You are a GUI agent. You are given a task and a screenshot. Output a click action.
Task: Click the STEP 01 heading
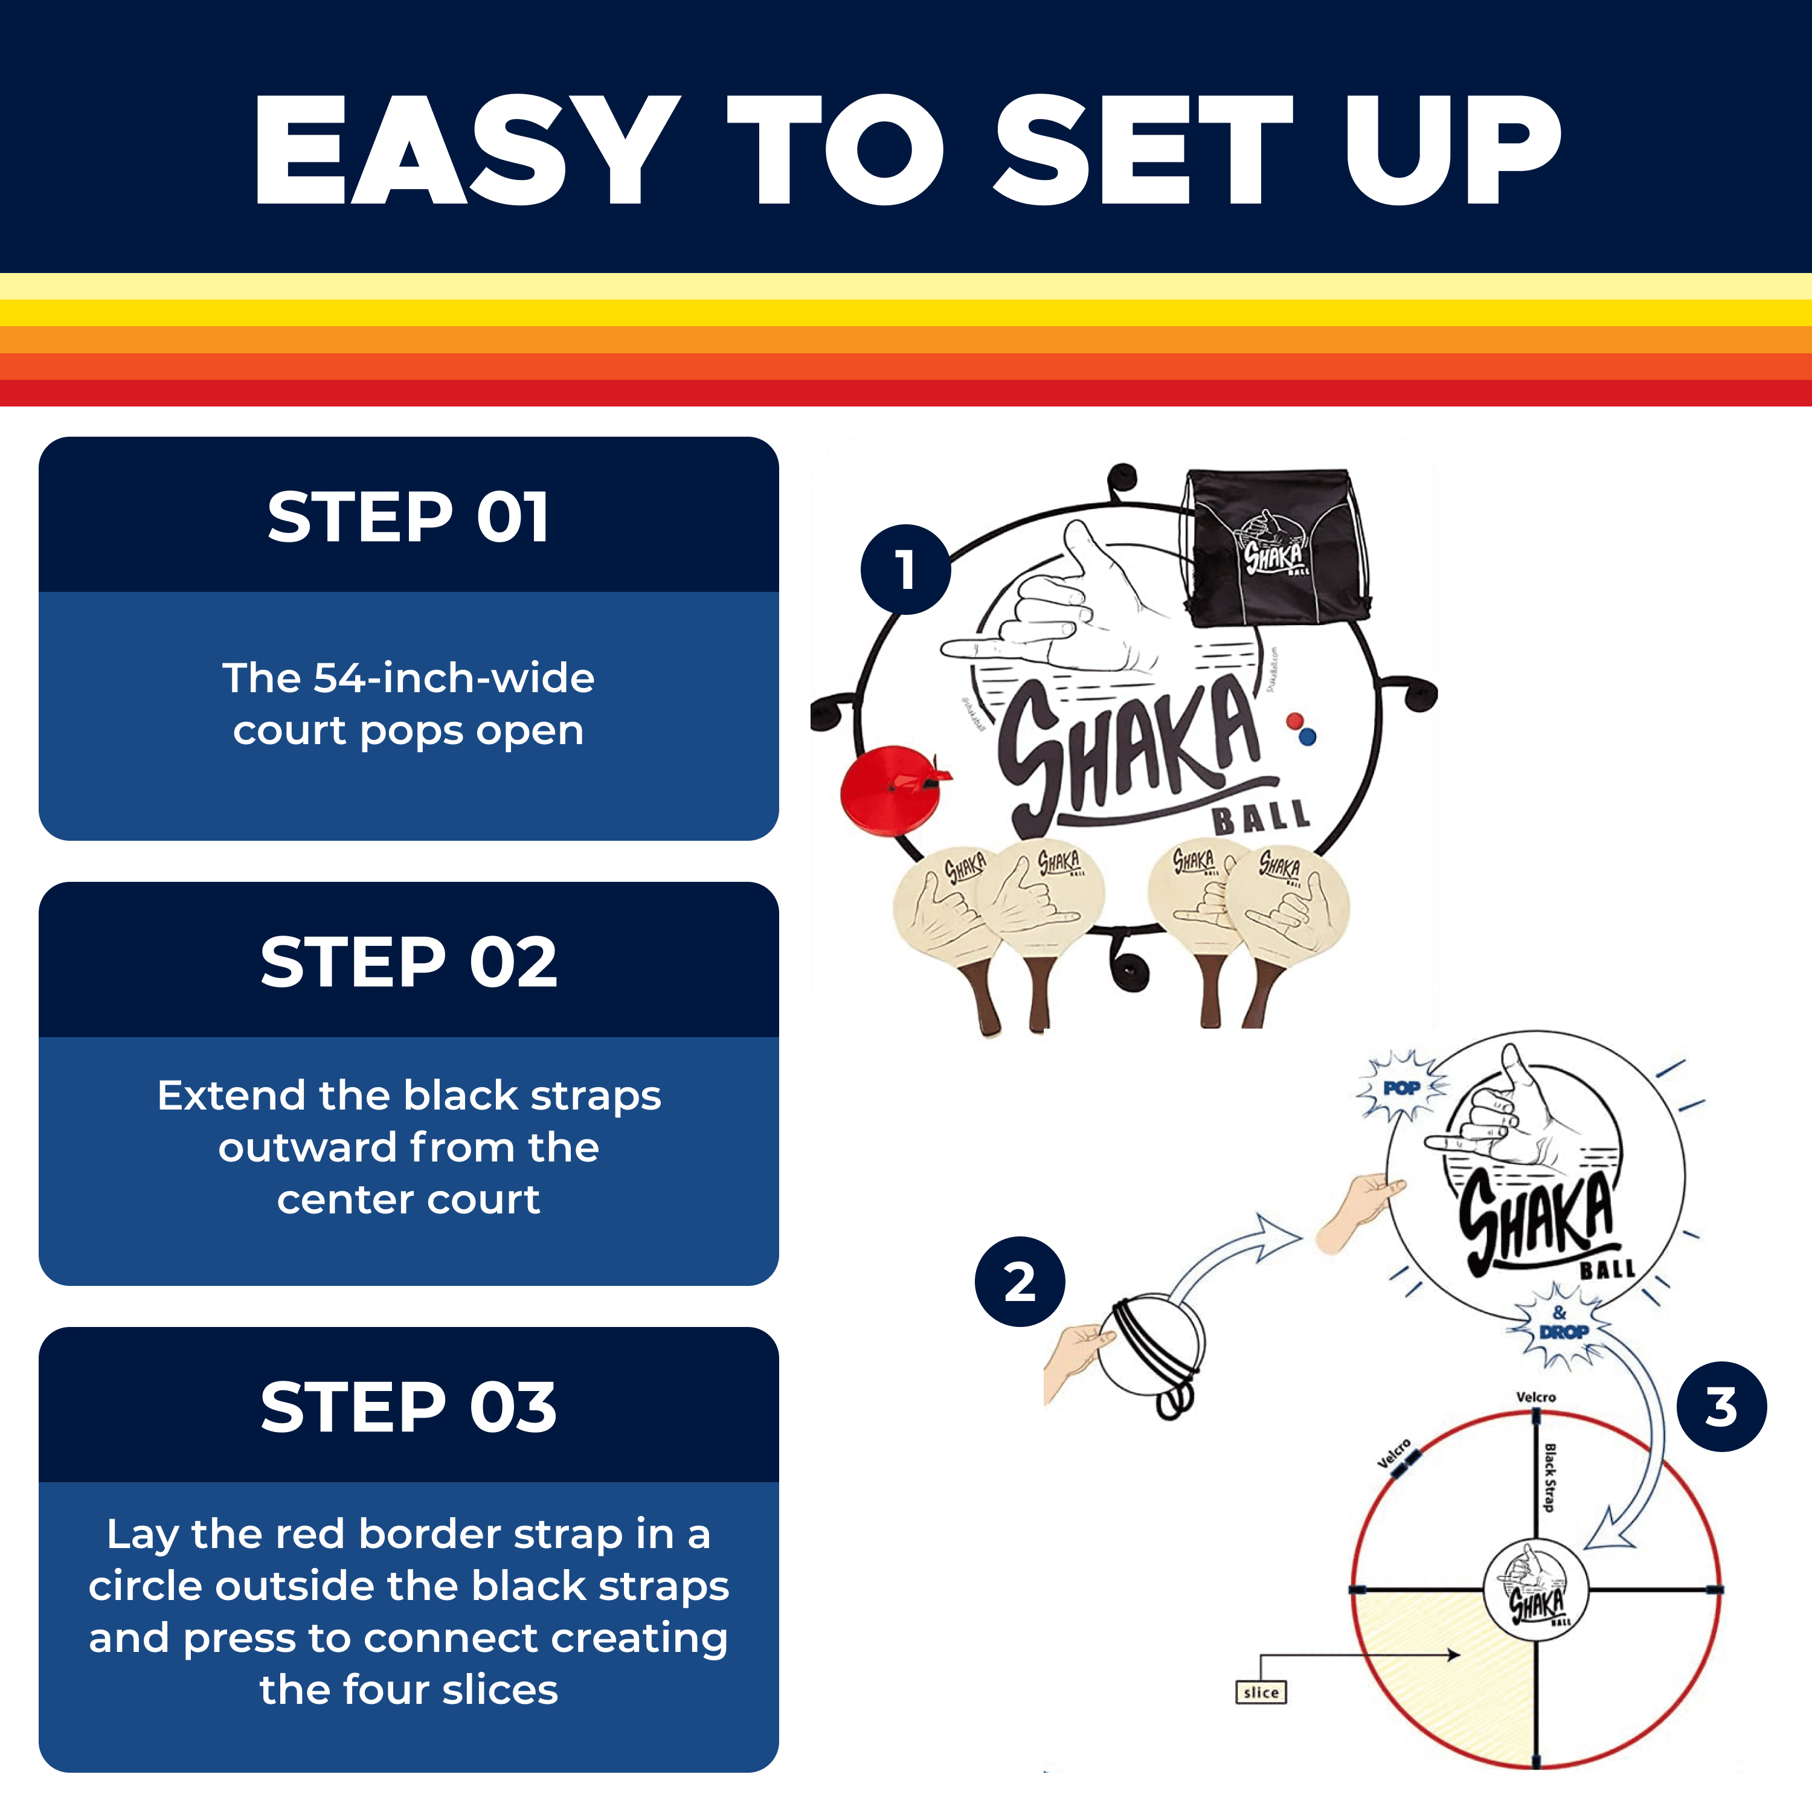tap(408, 517)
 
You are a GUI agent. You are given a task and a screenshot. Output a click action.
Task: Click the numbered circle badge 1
tap(905, 570)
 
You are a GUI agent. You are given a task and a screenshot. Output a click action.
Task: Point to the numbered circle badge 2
tap(1020, 1281)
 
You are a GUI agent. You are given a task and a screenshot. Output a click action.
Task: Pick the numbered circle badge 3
tap(1721, 1407)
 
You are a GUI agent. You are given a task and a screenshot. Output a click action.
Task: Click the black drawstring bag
tap(1274, 548)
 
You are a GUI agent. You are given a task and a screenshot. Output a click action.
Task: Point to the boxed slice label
tap(1261, 1692)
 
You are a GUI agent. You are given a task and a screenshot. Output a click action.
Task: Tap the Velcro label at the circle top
tap(1535, 1396)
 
